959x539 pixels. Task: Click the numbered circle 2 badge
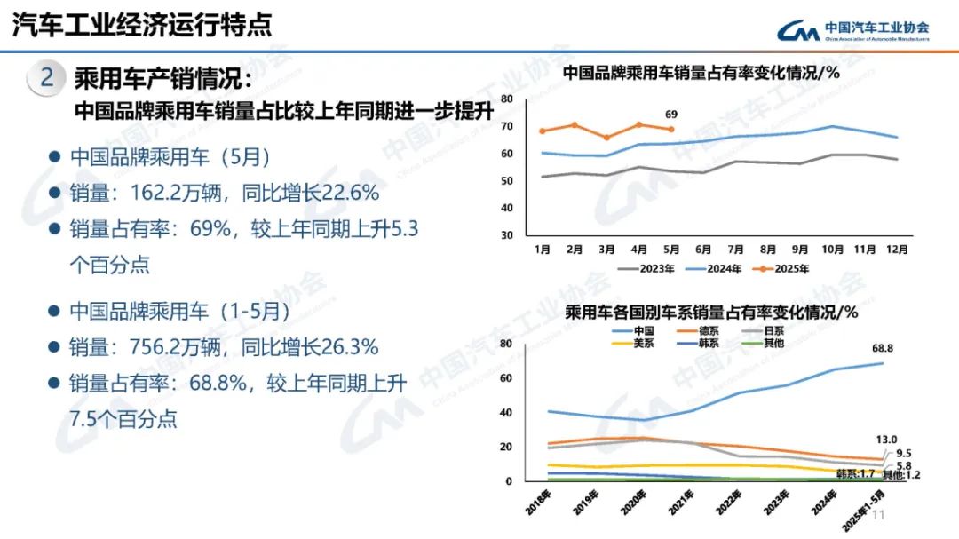[47, 78]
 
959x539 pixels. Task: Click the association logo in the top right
[852, 31]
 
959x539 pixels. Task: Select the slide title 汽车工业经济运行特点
[141, 24]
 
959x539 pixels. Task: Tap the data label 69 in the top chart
[671, 115]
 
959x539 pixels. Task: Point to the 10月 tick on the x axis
[832, 250]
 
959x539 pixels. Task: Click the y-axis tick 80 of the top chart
[507, 99]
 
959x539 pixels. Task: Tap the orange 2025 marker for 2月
[575, 125]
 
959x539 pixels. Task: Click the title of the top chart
[701, 73]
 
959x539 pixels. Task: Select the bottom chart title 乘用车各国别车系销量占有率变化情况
[710, 312]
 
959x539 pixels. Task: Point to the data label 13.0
[886, 440]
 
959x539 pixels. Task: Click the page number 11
[880, 517]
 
